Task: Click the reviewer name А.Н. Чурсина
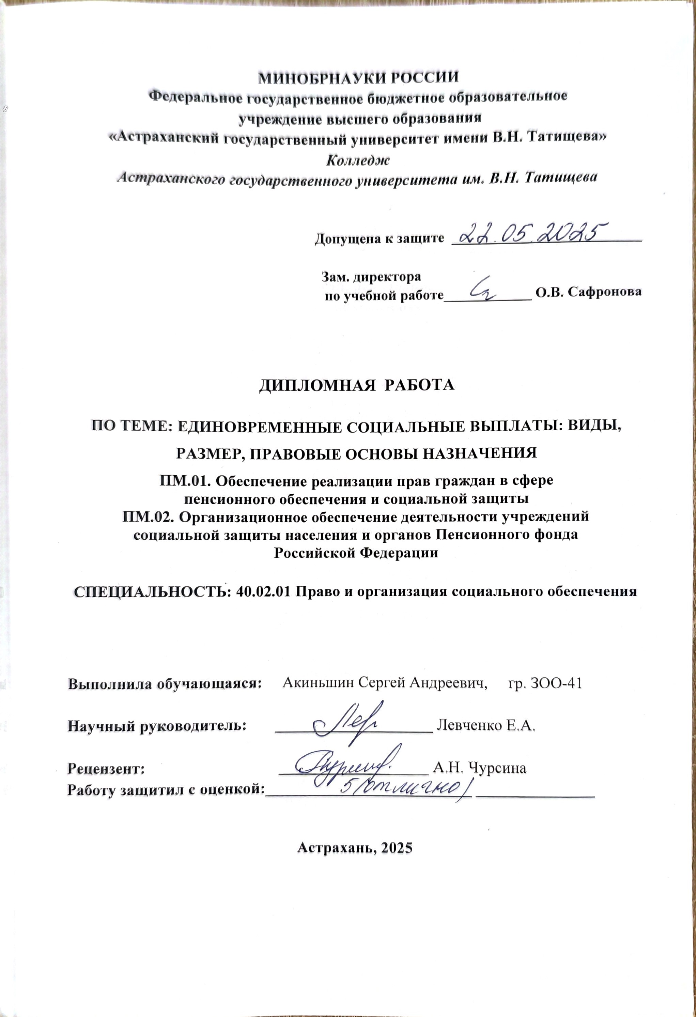click(x=479, y=768)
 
